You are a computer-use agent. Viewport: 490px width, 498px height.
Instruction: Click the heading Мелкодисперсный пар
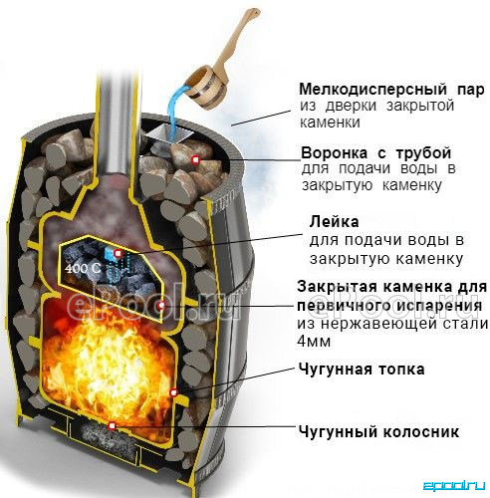[391, 89]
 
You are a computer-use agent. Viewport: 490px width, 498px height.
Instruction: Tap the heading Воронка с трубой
[375, 153]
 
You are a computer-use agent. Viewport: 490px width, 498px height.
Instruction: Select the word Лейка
[334, 221]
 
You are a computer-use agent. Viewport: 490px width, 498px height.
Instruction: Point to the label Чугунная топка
[362, 369]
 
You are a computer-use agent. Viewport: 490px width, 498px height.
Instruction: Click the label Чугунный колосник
[378, 431]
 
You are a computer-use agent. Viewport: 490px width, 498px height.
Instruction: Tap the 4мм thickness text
[314, 342]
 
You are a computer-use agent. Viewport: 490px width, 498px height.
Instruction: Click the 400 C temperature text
[83, 268]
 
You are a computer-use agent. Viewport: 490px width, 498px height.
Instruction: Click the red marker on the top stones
[196, 160]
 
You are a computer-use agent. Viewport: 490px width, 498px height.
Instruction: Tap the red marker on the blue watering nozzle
[118, 254]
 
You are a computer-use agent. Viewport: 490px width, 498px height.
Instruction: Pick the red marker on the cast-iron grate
[113, 425]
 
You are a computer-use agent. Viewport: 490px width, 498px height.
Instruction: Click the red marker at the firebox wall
[173, 392]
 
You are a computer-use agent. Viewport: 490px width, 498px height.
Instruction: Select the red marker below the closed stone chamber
[161, 305]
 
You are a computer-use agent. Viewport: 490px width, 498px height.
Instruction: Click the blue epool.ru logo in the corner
[453, 486]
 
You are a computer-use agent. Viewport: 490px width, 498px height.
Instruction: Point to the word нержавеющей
[379, 324]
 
